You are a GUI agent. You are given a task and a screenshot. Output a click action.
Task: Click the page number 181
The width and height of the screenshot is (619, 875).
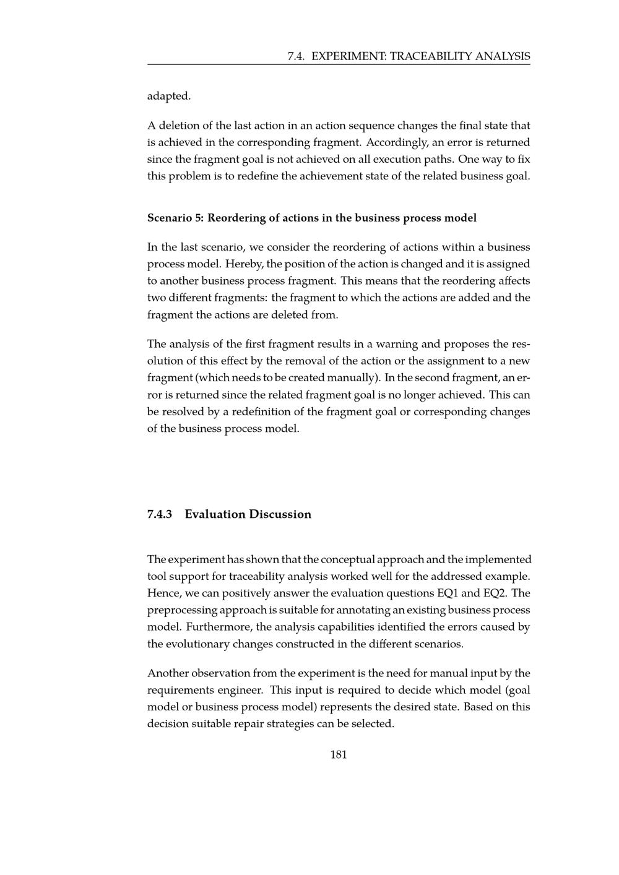339,754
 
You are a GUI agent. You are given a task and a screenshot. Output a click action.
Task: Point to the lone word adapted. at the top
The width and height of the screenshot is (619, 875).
169,96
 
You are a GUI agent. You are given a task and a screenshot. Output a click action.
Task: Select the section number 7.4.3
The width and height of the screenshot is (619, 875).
161,514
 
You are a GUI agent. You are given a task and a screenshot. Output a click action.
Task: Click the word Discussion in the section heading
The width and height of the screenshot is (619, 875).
280,514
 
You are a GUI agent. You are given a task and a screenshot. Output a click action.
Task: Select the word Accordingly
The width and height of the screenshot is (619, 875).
396,142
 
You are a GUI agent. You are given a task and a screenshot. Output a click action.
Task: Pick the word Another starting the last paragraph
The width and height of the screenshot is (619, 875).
167,673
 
